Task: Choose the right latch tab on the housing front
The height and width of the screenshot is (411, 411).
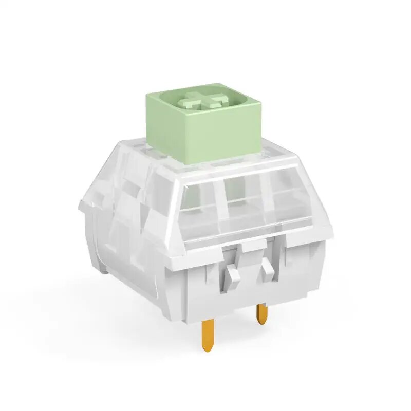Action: point(267,268)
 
